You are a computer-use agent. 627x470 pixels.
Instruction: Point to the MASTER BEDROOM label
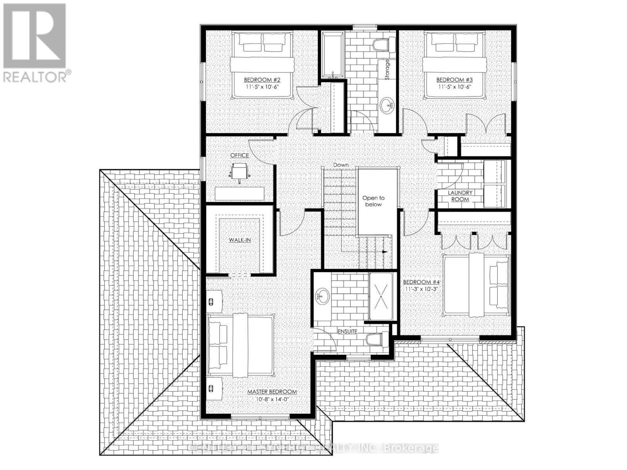tap(272, 392)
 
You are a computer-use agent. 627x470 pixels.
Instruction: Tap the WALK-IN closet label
tap(240, 240)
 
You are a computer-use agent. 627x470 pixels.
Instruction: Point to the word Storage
tap(387, 70)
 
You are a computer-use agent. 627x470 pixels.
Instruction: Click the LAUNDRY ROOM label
tap(460, 196)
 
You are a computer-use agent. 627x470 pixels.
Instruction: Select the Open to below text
tap(373, 201)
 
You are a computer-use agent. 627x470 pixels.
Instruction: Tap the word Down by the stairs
tap(341, 165)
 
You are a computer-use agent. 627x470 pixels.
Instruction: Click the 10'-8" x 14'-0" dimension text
tap(272, 399)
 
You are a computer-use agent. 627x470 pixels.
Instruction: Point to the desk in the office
tap(239, 193)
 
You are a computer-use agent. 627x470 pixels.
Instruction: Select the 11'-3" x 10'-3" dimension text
tap(420, 289)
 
